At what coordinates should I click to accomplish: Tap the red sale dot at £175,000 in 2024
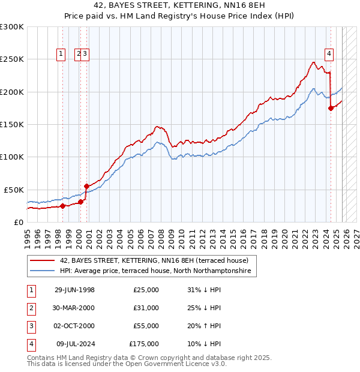pyautogui.click(x=331, y=108)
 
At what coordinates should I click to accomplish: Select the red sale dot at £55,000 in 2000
pyautogui.click(x=86, y=186)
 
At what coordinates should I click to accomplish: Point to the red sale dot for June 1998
pyautogui.click(x=62, y=206)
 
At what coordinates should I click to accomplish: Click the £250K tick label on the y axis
pyautogui.click(x=12, y=59)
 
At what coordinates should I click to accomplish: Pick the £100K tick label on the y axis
pyautogui.click(x=12, y=157)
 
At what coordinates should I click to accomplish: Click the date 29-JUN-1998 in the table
pyautogui.click(x=74, y=290)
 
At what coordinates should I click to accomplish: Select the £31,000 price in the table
pyautogui.click(x=146, y=308)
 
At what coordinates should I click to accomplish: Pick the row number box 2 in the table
pyautogui.click(x=31, y=308)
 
